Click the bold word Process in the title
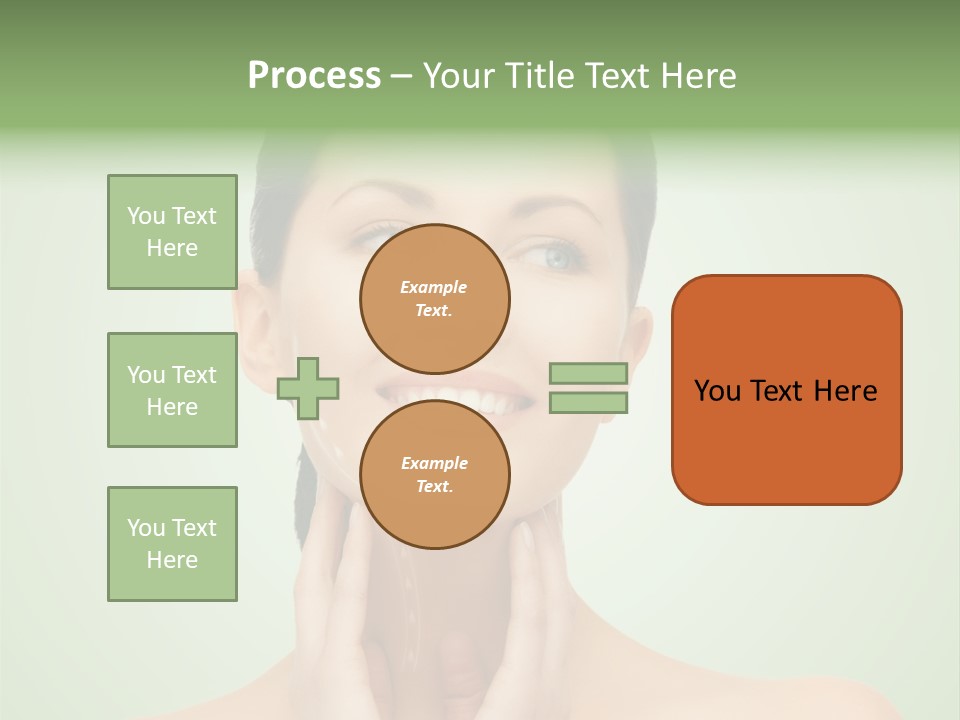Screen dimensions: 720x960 point(314,76)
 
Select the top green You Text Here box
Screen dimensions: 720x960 point(172,232)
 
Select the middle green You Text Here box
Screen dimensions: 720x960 point(172,390)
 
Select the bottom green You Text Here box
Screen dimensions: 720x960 point(172,544)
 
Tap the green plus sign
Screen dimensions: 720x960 point(308,387)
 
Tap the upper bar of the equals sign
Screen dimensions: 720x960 point(588,373)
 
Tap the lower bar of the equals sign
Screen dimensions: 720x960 point(588,403)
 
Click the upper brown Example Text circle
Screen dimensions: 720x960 point(435,299)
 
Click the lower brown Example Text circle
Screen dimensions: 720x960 point(435,474)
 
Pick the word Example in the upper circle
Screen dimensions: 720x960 point(434,287)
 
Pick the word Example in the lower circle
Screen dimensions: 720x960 point(434,463)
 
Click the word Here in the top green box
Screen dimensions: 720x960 point(172,248)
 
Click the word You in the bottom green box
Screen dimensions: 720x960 point(146,528)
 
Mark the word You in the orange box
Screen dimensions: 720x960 point(718,391)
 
